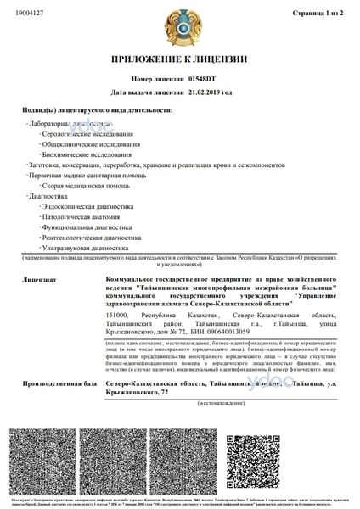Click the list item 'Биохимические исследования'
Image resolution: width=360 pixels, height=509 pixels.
pos(87,155)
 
